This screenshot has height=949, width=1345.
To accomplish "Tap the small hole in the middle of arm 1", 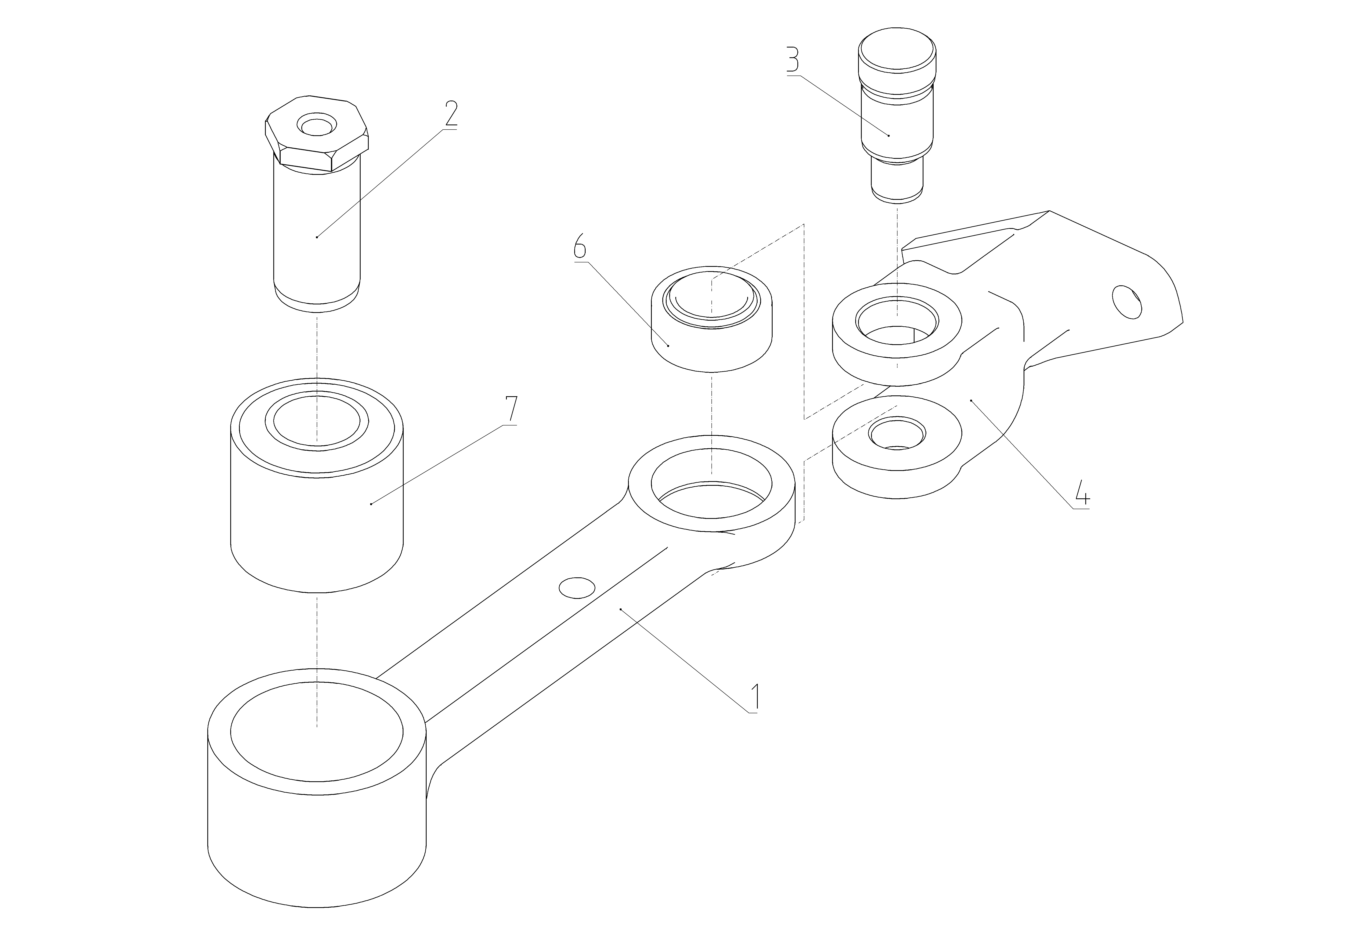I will [x=577, y=588].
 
